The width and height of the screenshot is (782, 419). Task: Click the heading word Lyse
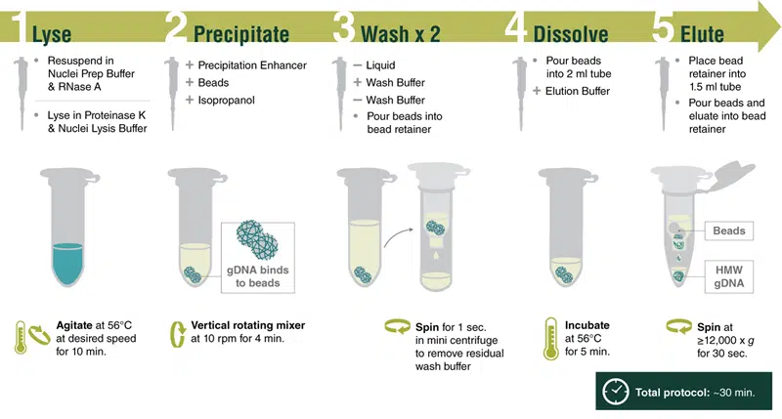tap(52, 34)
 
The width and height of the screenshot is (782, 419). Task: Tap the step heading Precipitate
tap(241, 34)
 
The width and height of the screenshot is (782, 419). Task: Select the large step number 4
tap(515, 26)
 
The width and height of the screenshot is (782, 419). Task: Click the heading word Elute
tap(702, 34)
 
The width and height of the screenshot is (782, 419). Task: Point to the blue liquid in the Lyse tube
tap(68, 264)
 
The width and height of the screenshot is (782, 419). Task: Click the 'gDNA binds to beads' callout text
tap(257, 276)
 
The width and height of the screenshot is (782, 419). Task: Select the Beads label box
tap(728, 230)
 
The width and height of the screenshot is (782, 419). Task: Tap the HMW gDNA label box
tap(728, 276)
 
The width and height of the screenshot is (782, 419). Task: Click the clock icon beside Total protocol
tap(616, 392)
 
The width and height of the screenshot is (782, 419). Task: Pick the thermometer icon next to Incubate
tap(550, 339)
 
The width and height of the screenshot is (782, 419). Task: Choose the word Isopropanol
tap(227, 101)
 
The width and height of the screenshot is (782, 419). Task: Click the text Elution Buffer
tap(578, 91)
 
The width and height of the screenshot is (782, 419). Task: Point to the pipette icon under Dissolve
tap(520, 93)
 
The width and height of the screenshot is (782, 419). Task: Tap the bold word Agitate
tap(74, 325)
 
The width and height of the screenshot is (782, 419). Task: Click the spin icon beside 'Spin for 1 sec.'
tap(398, 327)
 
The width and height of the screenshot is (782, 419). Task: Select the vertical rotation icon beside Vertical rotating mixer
tap(178, 334)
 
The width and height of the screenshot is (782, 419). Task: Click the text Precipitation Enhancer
tap(252, 65)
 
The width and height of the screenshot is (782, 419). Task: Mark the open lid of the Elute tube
tap(733, 175)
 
